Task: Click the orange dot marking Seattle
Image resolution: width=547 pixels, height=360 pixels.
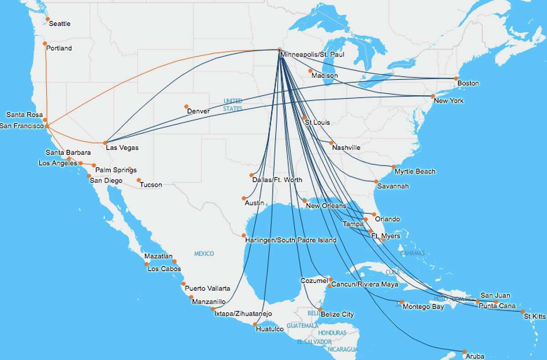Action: pos(48,19)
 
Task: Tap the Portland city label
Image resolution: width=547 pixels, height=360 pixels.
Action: pos(60,48)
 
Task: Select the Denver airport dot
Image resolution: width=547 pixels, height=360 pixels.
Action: pos(186,107)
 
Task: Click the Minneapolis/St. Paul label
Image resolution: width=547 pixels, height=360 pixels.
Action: pos(312,55)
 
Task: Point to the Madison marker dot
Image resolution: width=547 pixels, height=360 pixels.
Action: pos(310,71)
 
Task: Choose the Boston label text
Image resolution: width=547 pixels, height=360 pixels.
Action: pos(468,83)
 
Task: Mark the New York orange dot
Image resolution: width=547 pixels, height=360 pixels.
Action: pos(433,96)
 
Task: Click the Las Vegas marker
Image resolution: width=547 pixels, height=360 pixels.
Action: pos(105,143)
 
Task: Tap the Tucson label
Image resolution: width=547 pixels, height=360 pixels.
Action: pos(151,185)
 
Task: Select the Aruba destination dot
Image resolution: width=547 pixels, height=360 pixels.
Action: pos(464,352)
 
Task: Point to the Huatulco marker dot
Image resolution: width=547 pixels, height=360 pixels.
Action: pos(254,324)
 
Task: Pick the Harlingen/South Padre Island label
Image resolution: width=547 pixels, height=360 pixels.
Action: pos(290,240)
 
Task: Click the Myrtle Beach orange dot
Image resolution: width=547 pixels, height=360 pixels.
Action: pos(393,167)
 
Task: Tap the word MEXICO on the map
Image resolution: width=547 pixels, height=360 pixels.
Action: pos(204,253)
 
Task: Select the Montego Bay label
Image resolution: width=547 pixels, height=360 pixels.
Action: pos(423,307)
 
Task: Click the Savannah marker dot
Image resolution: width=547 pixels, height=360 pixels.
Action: pos(376,182)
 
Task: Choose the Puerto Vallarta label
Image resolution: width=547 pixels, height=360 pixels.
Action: pos(207,288)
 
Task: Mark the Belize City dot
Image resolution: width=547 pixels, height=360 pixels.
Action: pos(320,310)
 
